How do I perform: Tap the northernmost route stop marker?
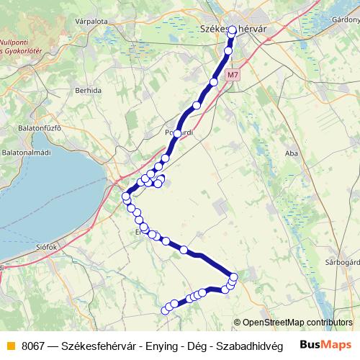[x=232, y=31]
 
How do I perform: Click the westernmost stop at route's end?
[x=163, y=311]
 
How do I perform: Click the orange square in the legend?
[x=9, y=345]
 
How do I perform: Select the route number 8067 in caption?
[x=34, y=345]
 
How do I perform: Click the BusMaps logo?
[x=325, y=344]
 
